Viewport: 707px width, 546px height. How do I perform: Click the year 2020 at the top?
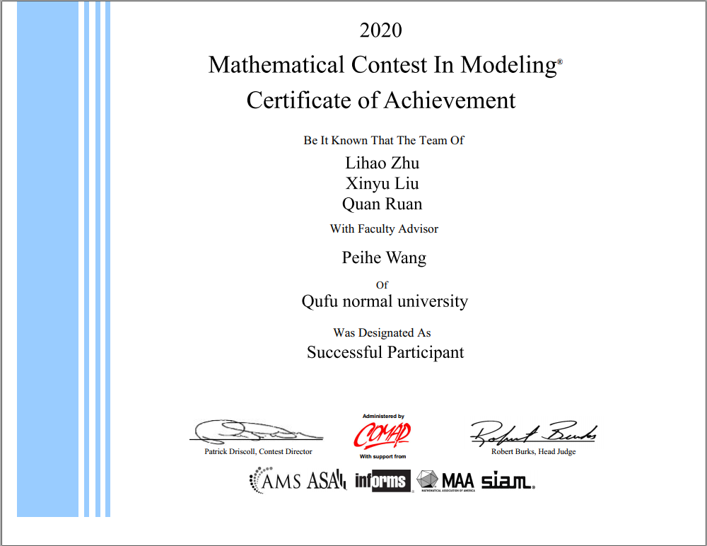pos(380,30)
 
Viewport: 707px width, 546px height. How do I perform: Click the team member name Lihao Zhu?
pos(382,163)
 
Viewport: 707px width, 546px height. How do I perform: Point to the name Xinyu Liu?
pos(382,184)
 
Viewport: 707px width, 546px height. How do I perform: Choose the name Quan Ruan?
pos(382,204)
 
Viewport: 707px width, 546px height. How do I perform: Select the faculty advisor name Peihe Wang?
pos(384,257)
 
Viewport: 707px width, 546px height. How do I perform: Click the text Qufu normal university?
pos(385,302)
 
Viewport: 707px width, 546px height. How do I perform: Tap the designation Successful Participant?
pos(385,352)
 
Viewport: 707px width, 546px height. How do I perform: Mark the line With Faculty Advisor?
pos(384,229)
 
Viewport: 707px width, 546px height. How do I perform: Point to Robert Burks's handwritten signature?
pos(534,431)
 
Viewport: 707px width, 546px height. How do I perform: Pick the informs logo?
pos(382,481)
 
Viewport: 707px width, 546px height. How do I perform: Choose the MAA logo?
pos(445,481)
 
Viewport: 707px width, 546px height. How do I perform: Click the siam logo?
pos(507,482)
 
